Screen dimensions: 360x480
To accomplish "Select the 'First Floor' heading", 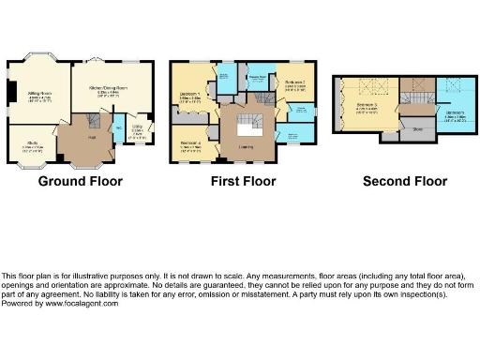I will (236, 181).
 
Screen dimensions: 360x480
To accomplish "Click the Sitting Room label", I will (39, 96).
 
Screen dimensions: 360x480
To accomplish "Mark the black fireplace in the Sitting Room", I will (12, 94).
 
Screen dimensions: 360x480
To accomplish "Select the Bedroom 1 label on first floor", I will (190, 96).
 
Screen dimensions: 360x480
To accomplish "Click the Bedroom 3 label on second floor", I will (367, 109).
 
